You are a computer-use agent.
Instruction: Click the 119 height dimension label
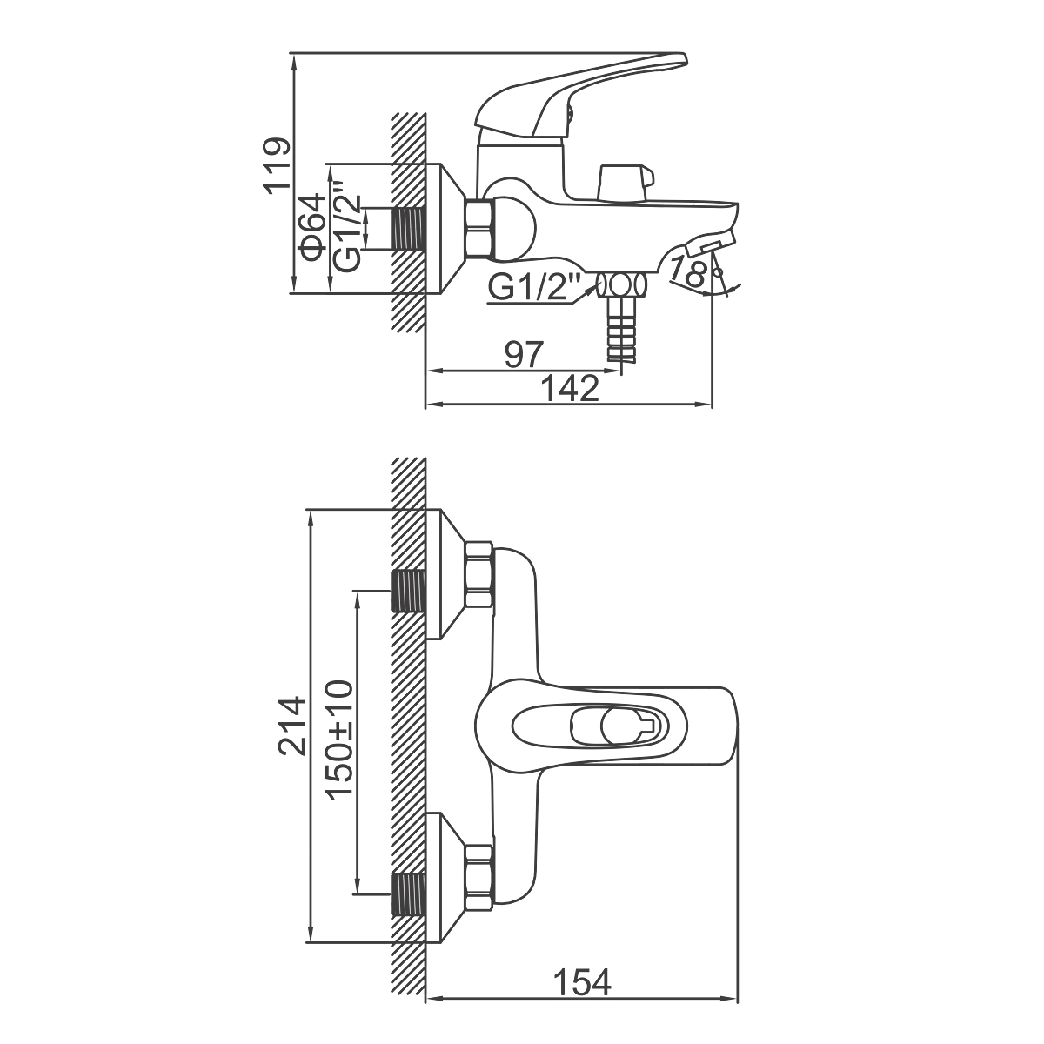(x=277, y=166)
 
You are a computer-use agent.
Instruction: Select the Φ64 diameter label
(x=311, y=228)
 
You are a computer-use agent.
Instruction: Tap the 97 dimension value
(x=524, y=355)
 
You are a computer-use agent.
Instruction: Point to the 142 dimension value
(x=570, y=388)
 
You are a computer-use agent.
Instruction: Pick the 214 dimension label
(x=292, y=726)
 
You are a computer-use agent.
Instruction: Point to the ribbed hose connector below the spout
(x=621, y=327)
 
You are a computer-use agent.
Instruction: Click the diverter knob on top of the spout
(x=625, y=184)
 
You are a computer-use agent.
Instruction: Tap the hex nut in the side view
(x=480, y=228)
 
